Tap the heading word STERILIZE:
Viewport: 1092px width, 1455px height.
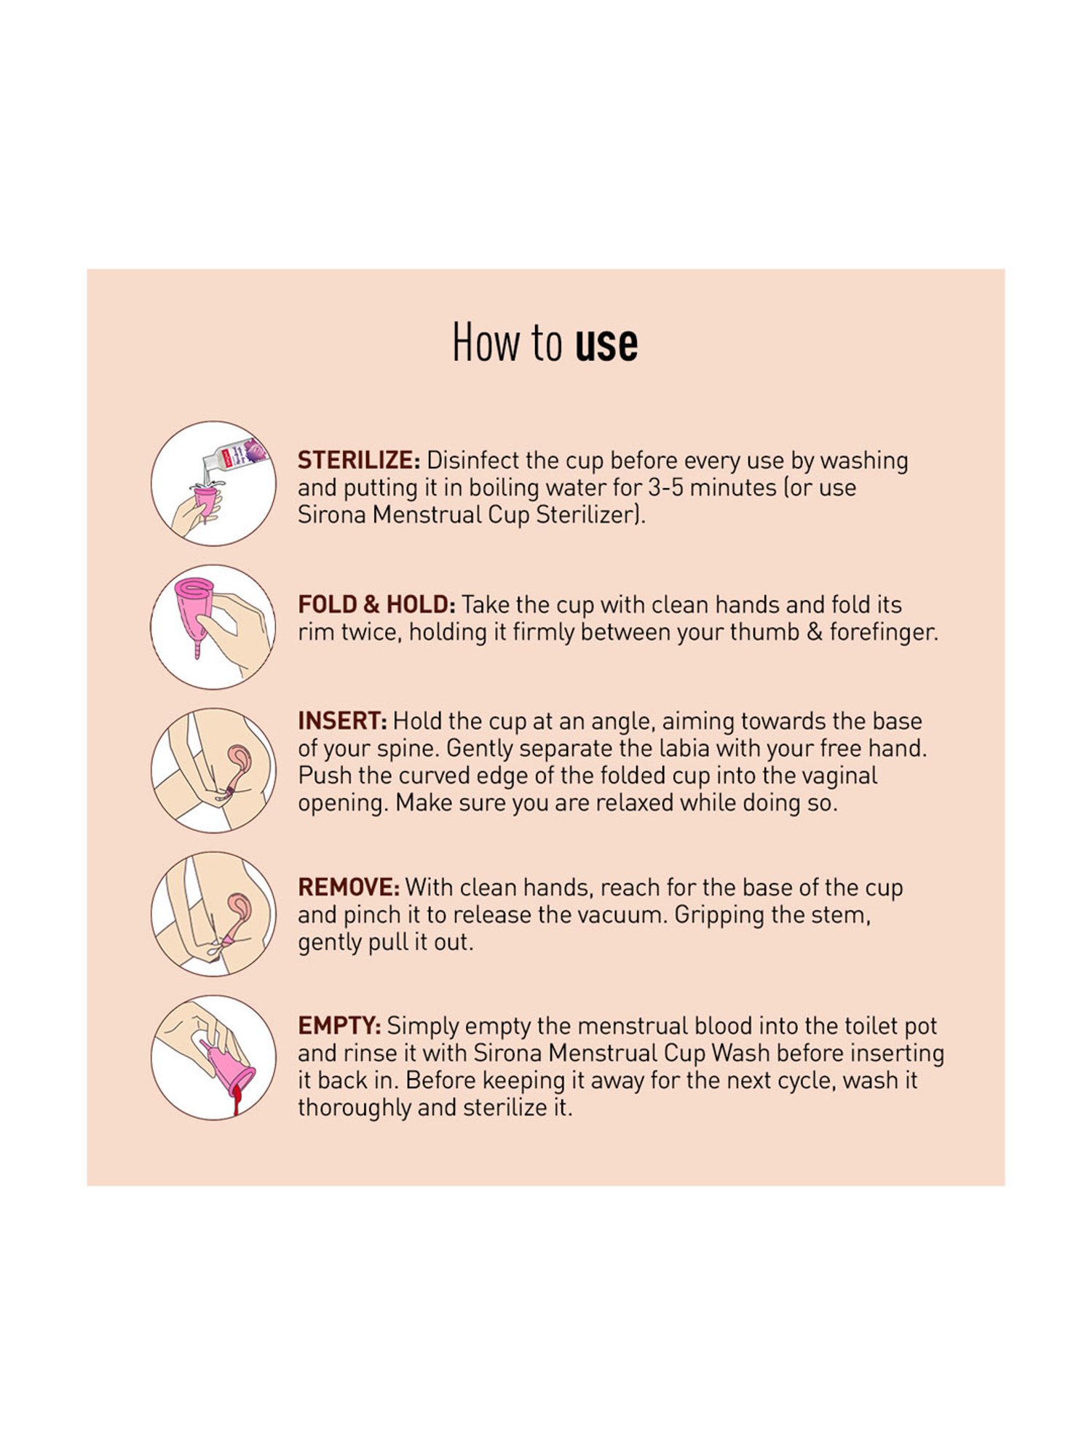tap(359, 461)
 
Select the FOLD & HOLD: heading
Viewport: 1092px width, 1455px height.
tap(376, 605)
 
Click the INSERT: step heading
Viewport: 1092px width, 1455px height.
tap(342, 721)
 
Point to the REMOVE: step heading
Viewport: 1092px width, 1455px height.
tap(349, 888)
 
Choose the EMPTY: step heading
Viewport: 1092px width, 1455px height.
tap(339, 1026)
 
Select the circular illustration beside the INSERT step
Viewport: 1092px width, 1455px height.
tap(213, 770)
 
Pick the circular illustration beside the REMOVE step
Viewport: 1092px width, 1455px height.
tap(213, 914)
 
